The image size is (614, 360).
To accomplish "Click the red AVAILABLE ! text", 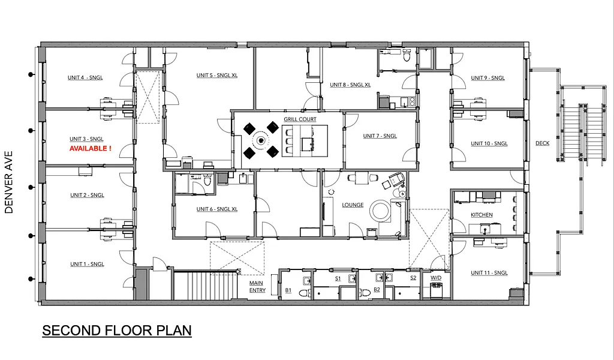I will tap(90, 148).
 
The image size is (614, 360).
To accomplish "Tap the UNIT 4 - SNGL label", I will tap(86, 78).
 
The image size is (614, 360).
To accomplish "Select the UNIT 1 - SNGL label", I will tap(87, 265).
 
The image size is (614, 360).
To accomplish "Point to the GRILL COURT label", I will tap(300, 119).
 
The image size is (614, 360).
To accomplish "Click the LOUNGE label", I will tap(353, 205).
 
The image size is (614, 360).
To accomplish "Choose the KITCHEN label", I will tap(481, 215).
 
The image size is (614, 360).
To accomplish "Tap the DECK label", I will tap(542, 143).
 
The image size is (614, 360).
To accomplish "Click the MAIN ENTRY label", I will tap(257, 287).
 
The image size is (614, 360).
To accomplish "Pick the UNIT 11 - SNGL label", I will tap(489, 273).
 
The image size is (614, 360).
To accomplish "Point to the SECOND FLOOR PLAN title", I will tap(117, 331).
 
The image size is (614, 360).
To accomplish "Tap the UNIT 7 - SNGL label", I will tap(380, 136).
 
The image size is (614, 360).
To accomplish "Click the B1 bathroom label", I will tap(288, 290).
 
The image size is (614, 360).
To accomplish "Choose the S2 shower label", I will tap(413, 278).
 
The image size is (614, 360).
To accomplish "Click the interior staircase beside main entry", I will tap(206, 286).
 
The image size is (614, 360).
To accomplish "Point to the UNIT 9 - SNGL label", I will tap(487, 78).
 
